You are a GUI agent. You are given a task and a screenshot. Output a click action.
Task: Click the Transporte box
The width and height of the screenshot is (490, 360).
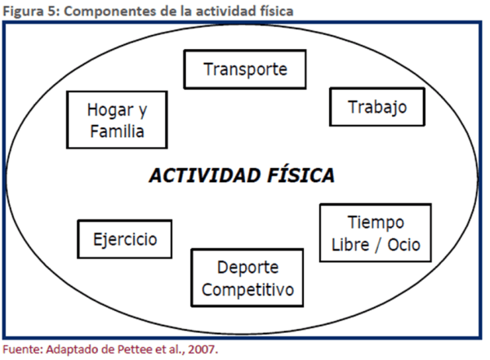point(245,69)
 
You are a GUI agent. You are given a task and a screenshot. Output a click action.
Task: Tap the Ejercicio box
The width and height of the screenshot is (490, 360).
point(124,240)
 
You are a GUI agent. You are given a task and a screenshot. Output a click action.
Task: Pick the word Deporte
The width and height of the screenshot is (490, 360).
point(247,268)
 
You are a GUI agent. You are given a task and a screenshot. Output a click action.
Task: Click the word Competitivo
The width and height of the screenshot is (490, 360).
point(247,289)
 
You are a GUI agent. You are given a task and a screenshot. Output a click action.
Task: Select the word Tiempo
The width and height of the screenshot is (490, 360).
point(375,223)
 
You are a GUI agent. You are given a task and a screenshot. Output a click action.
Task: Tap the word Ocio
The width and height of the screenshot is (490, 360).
point(406,244)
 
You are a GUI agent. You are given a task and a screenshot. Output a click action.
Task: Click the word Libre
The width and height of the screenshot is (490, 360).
point(350,244)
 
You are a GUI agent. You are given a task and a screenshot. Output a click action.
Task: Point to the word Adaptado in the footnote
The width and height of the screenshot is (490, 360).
point(69,349)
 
